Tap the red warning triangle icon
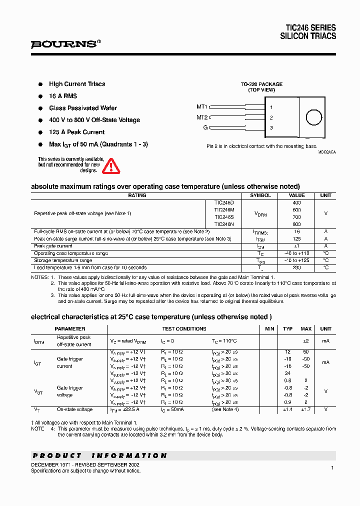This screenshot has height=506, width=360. click(x=111, y=165)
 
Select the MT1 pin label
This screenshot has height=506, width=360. click(x=201, y=106)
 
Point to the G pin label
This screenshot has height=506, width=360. click(x=204, y=127)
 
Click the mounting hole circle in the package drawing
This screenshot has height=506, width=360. click(x=313, y=117)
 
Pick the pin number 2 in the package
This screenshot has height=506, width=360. click(x=271, y=117)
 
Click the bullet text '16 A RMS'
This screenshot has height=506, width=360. click(x=63, y=96)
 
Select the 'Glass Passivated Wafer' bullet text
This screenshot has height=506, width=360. click(x=83, y=108)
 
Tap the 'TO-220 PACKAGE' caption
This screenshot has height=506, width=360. click(x=261, y=84)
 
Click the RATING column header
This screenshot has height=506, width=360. click(x=137, y=195)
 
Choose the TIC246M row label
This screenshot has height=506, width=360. click(x=224, y=210)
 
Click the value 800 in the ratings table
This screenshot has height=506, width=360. click(x=296, y=224)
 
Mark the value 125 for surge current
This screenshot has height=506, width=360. click(x=296, y=239)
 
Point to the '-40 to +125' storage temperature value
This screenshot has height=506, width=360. click(x=296, y=260)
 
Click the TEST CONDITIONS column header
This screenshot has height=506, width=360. click(x=184, y=329)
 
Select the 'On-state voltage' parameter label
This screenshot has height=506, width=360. click(x=74, y=409)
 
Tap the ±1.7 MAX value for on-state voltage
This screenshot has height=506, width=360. click(x=305, y=409)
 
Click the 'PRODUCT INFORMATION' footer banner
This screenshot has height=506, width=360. click(x=100, y=455)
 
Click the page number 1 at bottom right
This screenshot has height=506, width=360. click(x=332, y=467)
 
